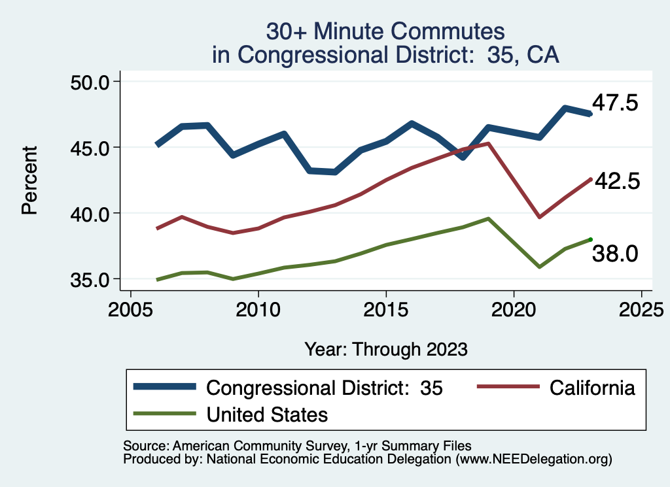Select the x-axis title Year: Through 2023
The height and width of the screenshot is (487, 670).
pos(386,349)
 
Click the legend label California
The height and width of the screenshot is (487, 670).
pos(592,388)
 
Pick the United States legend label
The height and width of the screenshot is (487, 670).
pos(267,414)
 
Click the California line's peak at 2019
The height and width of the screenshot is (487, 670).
pos(488,143)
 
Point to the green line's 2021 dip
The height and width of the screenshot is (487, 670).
pos(539,267)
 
